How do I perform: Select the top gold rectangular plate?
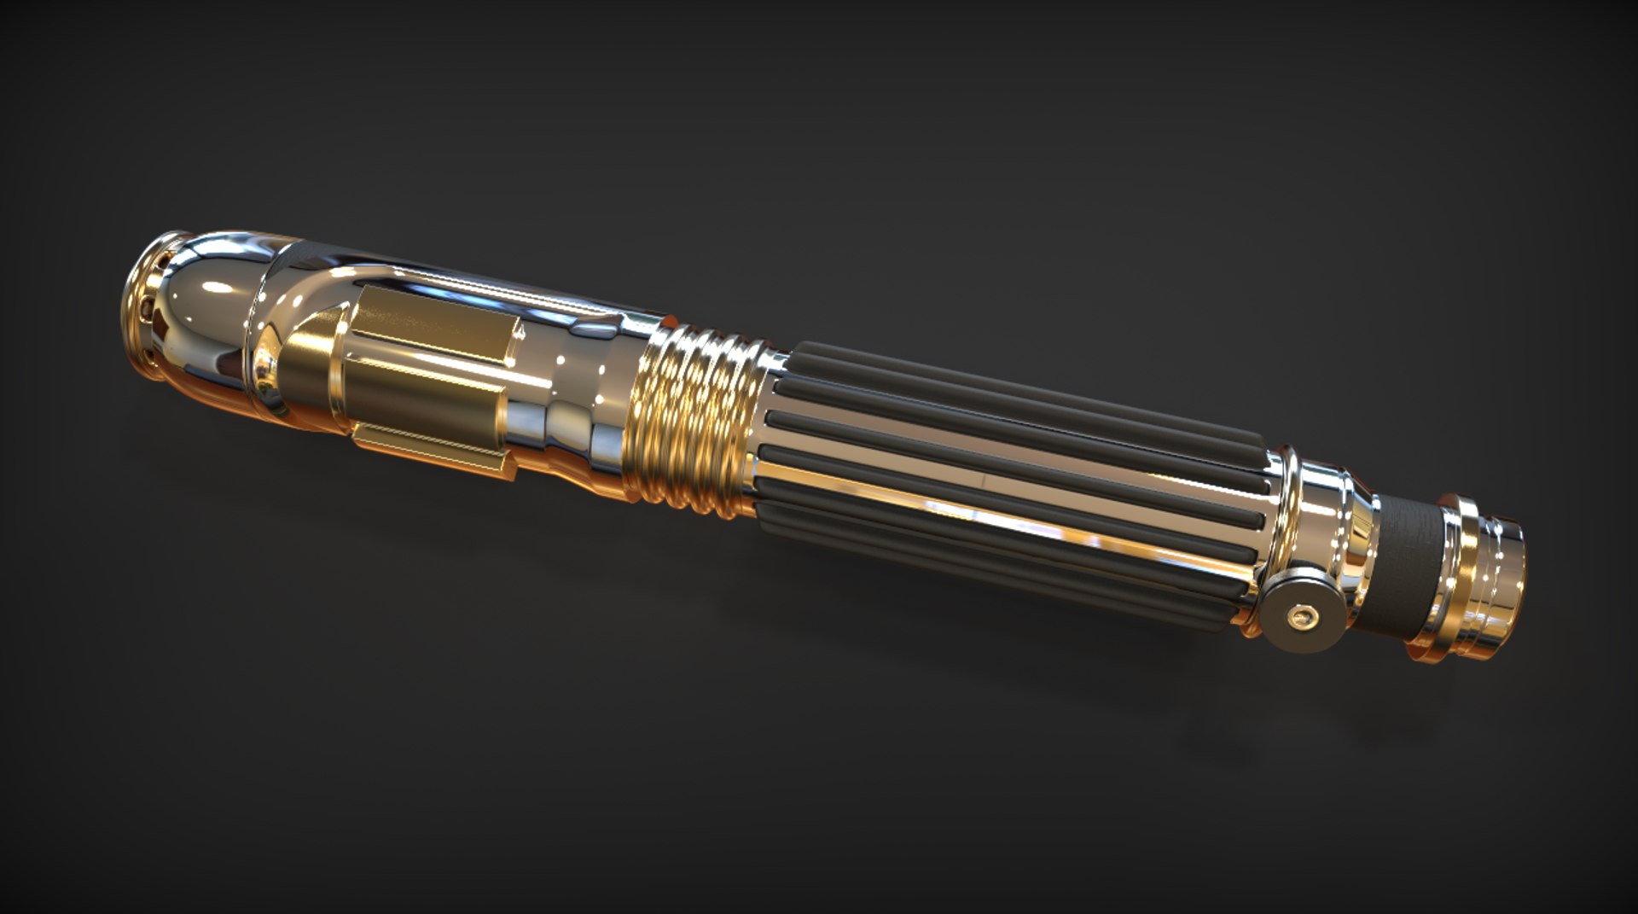pos(435,320)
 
